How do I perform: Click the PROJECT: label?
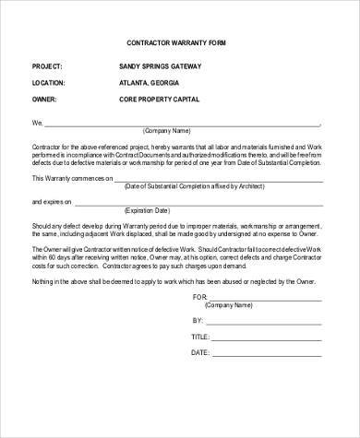[x=48, y=67]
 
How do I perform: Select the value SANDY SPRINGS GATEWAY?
[x=160, y=67]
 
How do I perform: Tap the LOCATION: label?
[x=50, y=82]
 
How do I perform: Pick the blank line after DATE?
[x=268, y=352]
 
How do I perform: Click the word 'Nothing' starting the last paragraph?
[x=45, y=280]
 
